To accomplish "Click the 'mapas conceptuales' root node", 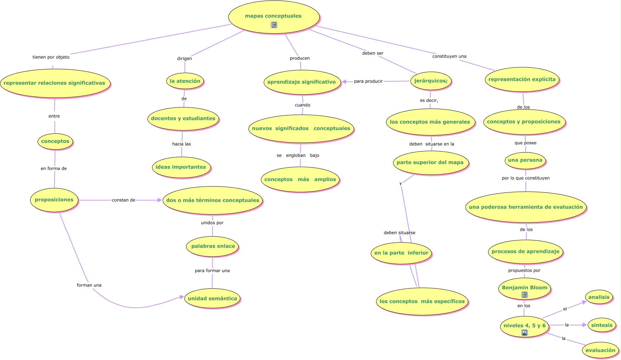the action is (274, 17).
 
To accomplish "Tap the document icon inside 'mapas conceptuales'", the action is (274, 25).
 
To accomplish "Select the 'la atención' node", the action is (185, 81).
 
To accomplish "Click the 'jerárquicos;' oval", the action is (431, 81).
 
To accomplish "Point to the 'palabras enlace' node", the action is (213, 246).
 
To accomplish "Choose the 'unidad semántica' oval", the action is (212, 298).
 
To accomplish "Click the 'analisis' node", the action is (599, 297).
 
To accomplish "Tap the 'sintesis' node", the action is (602, 325).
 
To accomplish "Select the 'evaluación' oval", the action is (600, 350).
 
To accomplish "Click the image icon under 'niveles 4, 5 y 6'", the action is (525, 333).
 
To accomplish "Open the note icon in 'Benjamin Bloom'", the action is (525, 295).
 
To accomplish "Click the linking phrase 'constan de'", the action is (124, 200).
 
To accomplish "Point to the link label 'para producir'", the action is (368, 81).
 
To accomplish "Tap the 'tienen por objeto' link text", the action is (51, 57).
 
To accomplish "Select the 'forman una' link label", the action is (89, 285).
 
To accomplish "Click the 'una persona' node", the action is (525, 160).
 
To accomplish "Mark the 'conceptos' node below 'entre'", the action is (55, 142).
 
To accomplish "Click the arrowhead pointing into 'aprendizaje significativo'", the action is (344, 82).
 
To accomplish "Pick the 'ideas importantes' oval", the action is (181, 167).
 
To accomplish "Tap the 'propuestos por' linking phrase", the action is (524, 270).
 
